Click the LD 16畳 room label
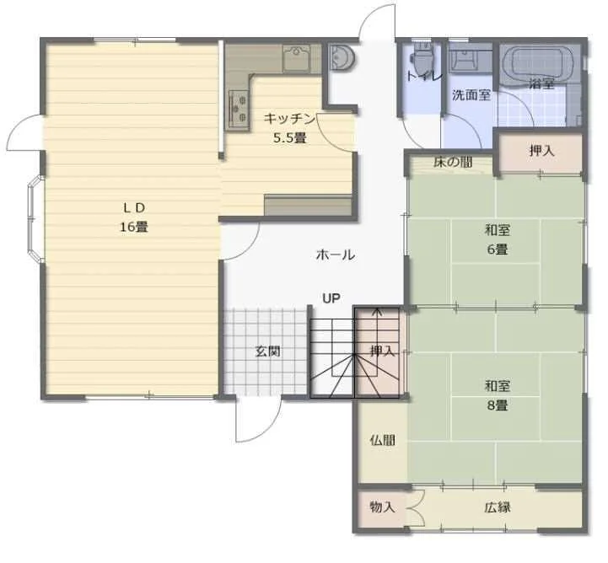(134, 217)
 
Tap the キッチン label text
(289, 119)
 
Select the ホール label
(336, 255)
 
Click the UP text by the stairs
(331, 298)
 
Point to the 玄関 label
(268, 351)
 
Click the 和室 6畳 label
(498, 240)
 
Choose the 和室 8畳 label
(498, 395)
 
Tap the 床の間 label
(453, 162)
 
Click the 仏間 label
(383, 440)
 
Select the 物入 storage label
(383, 507)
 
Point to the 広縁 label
(498, 507)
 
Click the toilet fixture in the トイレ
(420, 56)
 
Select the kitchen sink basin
(297, 58)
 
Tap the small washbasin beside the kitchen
(342, 57)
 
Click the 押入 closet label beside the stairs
(382, 351)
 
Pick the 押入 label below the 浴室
(541, 151)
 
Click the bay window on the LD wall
(34, 219)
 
